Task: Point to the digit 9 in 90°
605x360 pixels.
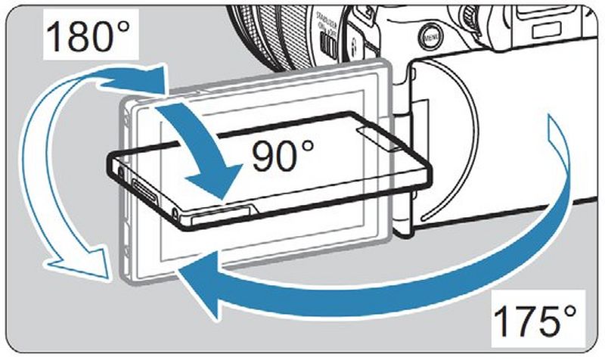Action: [265, 155]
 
